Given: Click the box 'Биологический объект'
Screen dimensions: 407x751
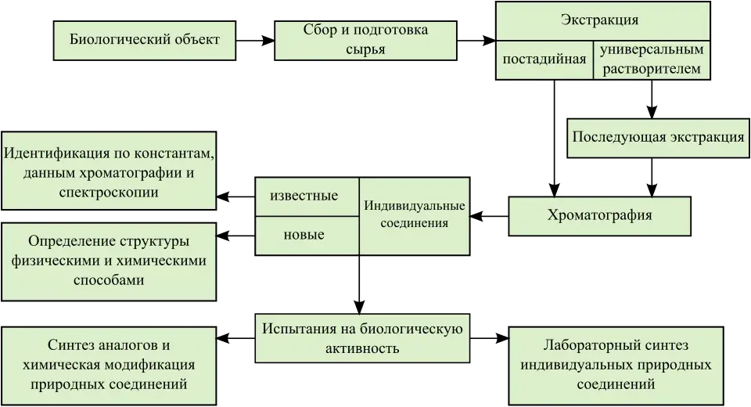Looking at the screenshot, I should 144,40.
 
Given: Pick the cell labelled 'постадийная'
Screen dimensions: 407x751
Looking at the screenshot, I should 544,59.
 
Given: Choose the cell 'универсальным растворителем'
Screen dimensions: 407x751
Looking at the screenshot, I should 652,59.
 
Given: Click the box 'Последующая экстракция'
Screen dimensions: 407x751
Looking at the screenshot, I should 657,137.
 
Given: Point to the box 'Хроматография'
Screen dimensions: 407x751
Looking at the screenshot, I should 600,215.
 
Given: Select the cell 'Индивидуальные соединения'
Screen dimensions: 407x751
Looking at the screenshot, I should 415,215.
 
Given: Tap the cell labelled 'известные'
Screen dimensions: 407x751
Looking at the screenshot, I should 304,196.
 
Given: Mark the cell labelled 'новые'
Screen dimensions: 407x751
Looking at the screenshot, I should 304,235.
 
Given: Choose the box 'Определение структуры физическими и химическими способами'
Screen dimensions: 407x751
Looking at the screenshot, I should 110,261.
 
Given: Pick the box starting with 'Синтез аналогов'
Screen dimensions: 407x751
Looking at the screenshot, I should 110,366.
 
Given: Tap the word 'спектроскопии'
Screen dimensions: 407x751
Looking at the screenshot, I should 109,192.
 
